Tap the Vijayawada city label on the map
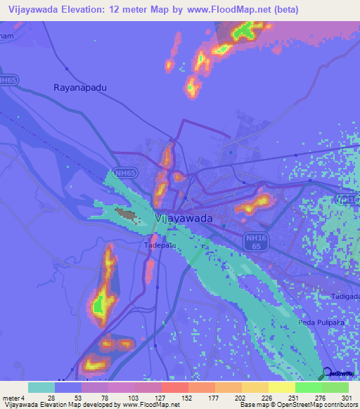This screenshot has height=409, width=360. click(183, 219)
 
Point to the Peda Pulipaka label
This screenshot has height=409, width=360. click(323, 323)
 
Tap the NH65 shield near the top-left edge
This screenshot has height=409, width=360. click(8, 81)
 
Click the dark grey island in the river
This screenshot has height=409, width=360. click(127, 214)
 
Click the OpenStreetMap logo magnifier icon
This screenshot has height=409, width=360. click(327, 372)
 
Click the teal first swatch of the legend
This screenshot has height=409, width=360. click(41, 387)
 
